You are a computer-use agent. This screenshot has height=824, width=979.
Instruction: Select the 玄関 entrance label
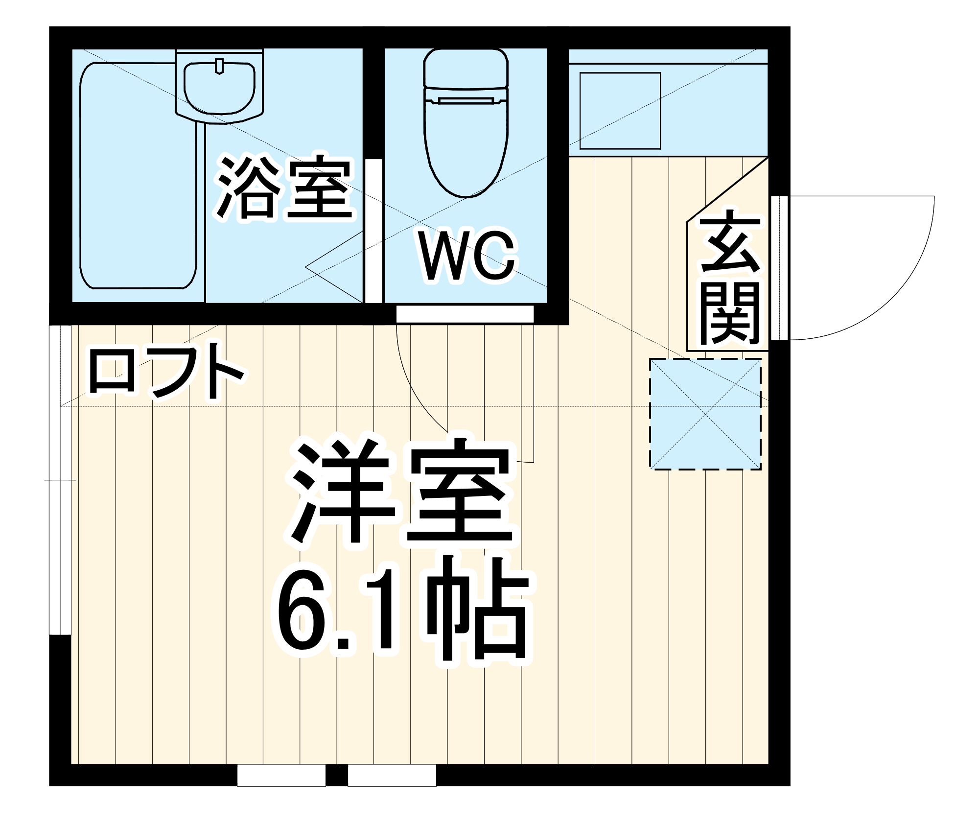pos(730,277)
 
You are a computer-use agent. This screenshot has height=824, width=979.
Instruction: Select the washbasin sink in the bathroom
pos(219,88)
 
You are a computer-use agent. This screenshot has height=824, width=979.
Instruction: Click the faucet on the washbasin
pos(219,66)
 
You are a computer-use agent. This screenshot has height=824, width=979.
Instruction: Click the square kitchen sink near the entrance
pos(620,111)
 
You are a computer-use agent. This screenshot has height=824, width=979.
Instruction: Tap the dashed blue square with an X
pos(705,414)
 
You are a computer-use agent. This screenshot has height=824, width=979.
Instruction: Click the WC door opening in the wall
pos(465,314)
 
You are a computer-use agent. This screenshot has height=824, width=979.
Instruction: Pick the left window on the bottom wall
pos(281,775)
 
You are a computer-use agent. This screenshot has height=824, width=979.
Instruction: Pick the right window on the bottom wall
pos(392,775)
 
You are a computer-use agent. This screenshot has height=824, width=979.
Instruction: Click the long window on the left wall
pos(61,480)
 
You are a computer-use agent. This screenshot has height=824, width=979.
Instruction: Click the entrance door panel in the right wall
pos(779,268)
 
